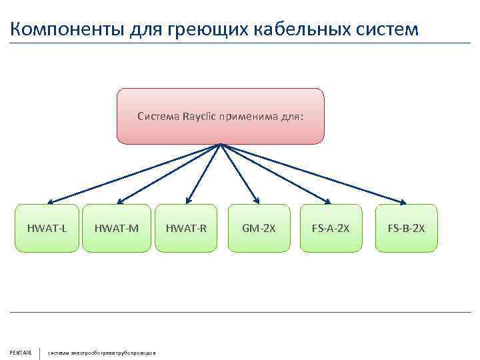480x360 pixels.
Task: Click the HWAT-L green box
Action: click(47, 229)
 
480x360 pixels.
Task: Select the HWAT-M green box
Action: click(117, 229)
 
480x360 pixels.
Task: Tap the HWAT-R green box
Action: click(187, 229)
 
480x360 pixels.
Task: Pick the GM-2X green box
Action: click(259, 229)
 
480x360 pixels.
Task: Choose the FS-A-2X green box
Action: click(331, 229)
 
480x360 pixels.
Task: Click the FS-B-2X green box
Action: click(406, 229)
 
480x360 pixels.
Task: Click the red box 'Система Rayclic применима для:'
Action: click(221, 117)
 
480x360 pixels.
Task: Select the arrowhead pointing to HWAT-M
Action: click(119, 201)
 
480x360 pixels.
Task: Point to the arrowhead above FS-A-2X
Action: click(327, 201)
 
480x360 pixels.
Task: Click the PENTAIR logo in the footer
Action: click(21, 353)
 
